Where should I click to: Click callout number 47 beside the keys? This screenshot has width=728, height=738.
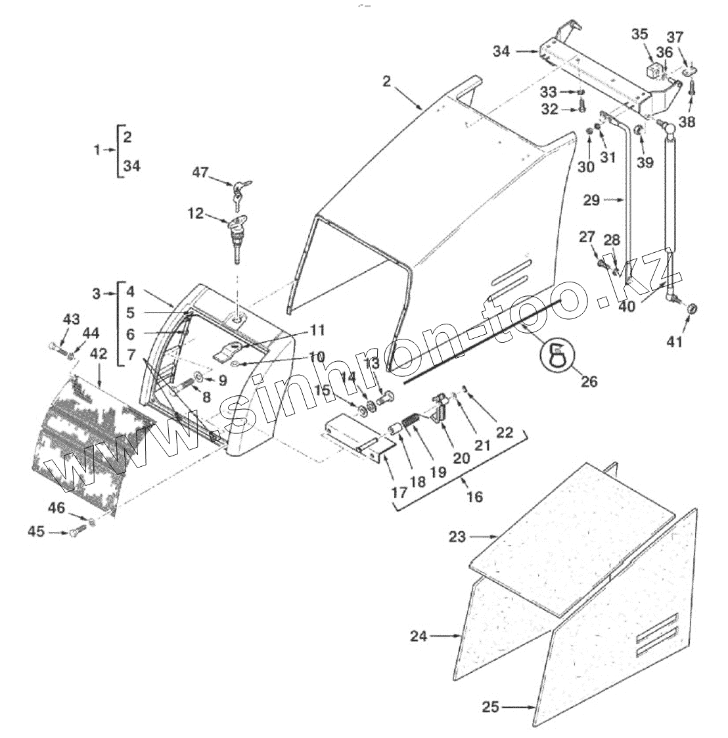200,173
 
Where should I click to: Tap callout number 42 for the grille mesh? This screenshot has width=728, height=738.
98,353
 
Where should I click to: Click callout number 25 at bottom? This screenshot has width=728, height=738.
490,707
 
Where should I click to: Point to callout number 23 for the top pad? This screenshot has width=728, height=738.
457,536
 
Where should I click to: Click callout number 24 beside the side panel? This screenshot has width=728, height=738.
419,636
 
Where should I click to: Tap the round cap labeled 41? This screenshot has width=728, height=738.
692,309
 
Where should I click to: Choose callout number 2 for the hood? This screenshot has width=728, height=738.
386,81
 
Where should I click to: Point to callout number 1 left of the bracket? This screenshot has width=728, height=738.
96,150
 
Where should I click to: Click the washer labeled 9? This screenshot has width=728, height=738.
198,380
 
